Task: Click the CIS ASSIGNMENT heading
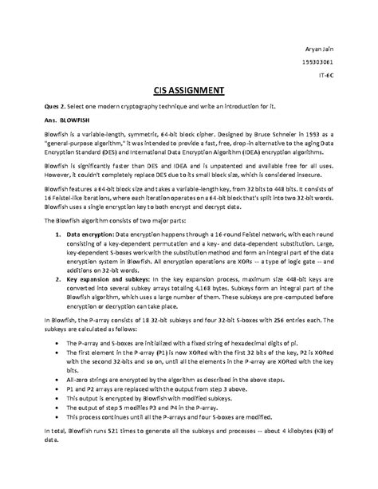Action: click(189, 89)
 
